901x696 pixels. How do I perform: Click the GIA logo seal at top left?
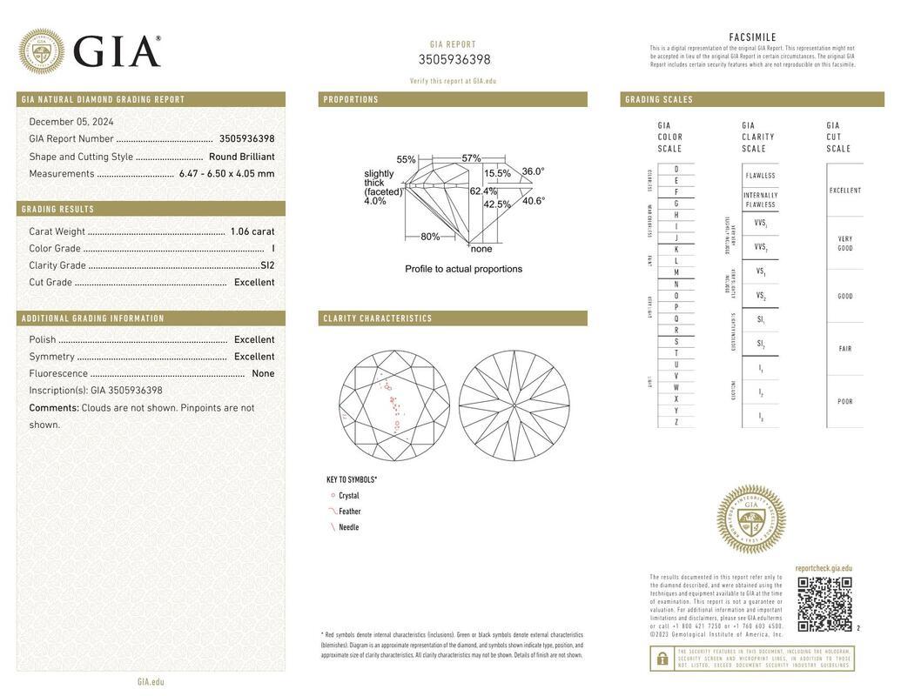41,51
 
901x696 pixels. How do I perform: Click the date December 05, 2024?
71,122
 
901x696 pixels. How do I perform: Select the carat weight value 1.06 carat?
252,231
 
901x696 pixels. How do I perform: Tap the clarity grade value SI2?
267,265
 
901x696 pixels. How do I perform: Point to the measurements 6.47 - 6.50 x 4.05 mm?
226,174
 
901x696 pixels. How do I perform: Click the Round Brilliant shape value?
241,157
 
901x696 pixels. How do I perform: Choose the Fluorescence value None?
263,374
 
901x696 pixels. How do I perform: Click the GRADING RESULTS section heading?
58,210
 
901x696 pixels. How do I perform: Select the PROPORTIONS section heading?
351,100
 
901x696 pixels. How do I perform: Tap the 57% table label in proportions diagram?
471,158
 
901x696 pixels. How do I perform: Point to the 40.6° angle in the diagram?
534,201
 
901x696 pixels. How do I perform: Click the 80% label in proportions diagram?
430,237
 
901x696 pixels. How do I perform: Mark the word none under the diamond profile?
481,249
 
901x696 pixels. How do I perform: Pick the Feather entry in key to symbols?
349,512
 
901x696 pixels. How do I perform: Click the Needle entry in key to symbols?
348,527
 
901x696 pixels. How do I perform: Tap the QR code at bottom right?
824,604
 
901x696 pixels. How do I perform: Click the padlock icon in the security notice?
662,659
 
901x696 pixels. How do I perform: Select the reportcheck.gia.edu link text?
824,569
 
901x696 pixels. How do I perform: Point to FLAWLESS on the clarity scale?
760,176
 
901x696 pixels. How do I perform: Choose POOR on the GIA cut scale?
844,402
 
